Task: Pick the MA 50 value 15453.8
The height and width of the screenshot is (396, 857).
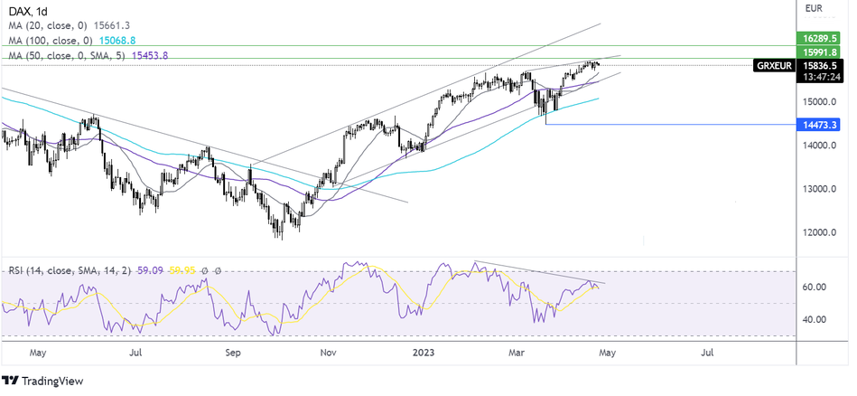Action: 149,55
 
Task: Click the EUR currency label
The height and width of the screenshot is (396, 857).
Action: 813,9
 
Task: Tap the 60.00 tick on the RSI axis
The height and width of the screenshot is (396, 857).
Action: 815,288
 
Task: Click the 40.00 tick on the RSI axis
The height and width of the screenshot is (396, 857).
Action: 815,319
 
